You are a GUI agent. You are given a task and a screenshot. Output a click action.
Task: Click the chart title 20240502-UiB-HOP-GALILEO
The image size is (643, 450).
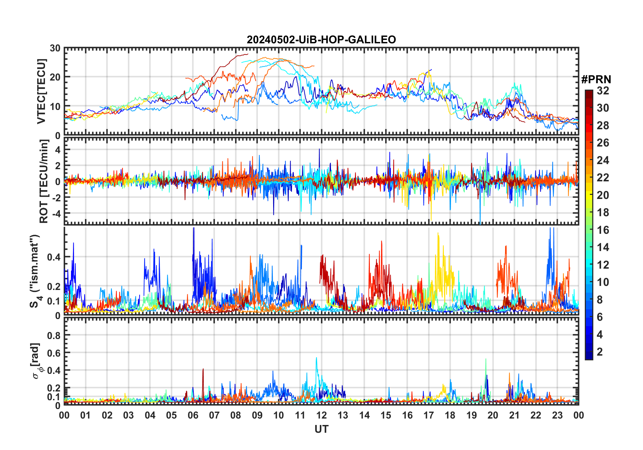click(x=321, y=40)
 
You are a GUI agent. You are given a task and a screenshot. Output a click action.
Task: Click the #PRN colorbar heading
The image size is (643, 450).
click(x=596, y=80)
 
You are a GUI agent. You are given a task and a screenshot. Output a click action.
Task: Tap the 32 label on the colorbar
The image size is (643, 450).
click(x=603, y=91)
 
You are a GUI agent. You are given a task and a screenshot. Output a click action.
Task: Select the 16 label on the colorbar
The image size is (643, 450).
click(x=603, y=230)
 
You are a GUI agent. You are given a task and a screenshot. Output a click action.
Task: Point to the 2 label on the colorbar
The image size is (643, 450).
click(x=600, y=352)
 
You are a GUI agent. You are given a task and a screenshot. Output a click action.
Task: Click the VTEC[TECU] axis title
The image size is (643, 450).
click(x=41, y=91)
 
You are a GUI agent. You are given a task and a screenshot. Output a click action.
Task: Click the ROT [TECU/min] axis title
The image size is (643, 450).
click(x=44, y=181)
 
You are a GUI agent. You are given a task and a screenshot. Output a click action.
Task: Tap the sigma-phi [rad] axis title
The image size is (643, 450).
click(x=36, y=361)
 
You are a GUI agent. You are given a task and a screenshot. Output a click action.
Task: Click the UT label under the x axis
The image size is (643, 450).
click(x=321, y=429)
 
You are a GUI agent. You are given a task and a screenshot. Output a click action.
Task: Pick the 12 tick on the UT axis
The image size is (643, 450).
click(x=321, y=415)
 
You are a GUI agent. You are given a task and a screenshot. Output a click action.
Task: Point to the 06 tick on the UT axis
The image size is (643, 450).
click(x=193, y=415)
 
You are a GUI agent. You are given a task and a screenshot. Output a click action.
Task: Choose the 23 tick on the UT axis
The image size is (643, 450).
click(x=557, y=415)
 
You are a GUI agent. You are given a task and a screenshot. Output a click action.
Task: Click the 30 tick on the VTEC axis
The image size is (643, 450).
click(x=55, y=48)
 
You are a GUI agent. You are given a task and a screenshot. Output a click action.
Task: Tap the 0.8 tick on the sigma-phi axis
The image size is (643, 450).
click(x=54, y=335)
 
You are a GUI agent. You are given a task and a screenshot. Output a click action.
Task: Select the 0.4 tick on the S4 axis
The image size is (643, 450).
click(x=54, y=257)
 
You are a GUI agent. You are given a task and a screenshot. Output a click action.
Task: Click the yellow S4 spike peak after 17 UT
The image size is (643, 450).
click(x=438, y=233)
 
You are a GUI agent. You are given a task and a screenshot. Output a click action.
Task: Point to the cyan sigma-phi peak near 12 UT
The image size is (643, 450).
click(x=316, y=358)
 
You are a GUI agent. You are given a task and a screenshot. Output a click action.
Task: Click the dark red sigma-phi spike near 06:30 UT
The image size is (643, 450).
click(x=203, y=369)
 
